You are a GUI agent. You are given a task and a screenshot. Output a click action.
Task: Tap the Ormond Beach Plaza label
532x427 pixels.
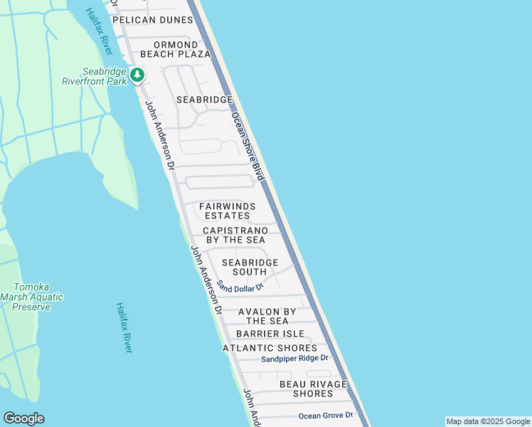click(x=175, y=49)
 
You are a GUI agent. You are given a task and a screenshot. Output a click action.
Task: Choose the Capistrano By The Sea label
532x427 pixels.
click(x=235, y=235)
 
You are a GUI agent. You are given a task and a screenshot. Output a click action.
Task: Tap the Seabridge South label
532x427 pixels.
click(x=250, y=267)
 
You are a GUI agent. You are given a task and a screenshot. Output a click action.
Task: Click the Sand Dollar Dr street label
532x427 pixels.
click(x=240, y=286)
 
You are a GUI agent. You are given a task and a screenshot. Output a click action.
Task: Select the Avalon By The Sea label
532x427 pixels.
click(x=267, y=316)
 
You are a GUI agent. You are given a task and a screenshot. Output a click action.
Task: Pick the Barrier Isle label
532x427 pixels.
click(x=270, y=334)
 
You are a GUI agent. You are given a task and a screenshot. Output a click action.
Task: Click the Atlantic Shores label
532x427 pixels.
click(x=270, y=348)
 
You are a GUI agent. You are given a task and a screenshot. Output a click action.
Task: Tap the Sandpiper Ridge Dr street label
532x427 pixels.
click(x=294, y=359)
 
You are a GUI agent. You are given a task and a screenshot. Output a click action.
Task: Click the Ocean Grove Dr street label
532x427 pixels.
click(x=325, y=415)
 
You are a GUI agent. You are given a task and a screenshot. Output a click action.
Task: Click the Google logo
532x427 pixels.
click(x=23, y=418)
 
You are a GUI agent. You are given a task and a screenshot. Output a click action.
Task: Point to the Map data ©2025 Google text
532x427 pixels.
click(x=487, y=421)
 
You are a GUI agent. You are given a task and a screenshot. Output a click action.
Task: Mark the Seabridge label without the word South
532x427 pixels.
click(x=204, y=100)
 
